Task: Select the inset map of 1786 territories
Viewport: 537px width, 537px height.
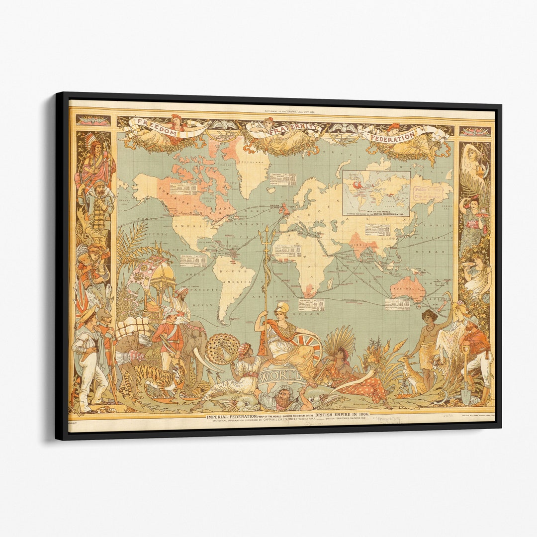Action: point(376,193)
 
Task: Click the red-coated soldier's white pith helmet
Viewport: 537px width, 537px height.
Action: point(171,312)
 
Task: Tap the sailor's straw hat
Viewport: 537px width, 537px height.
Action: point(88,314)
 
